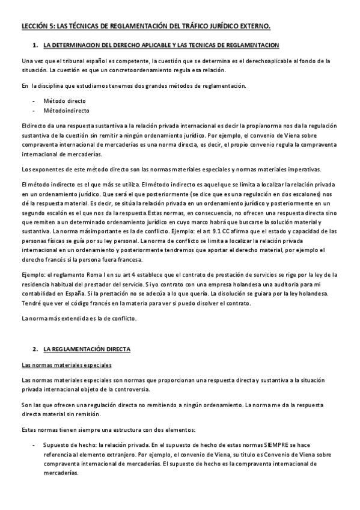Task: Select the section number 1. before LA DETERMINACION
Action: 35,46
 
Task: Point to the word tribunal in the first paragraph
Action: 69,61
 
